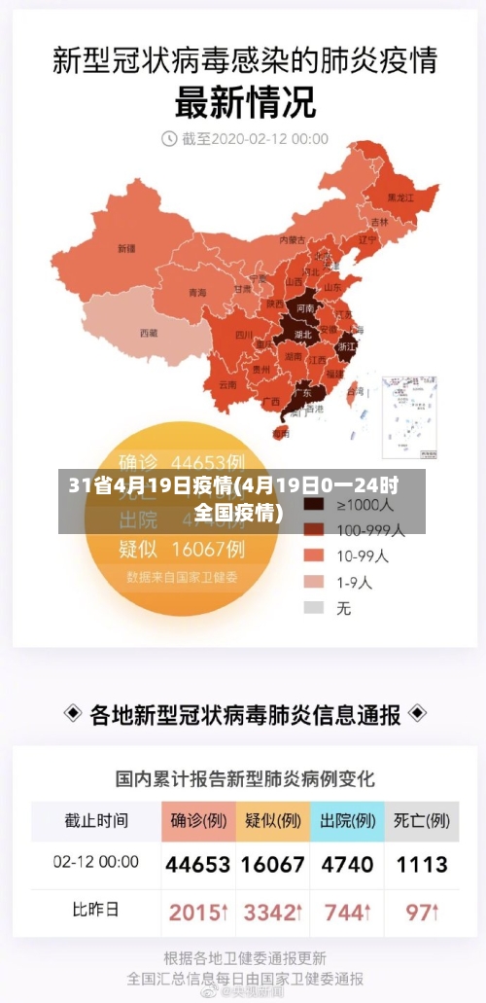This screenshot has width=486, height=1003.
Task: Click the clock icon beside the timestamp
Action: (168, 138)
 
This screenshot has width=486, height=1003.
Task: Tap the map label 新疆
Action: (125, 248)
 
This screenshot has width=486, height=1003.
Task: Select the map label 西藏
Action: (148, 333)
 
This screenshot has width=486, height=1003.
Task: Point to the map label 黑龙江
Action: (400, 197)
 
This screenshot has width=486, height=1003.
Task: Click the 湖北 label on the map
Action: (302, 334)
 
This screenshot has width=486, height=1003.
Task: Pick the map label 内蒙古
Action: (292, 238)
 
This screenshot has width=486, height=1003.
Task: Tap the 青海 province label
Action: (197, 292)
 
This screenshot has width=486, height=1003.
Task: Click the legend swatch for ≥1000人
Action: (313, 505)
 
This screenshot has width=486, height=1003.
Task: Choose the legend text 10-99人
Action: (363, 556)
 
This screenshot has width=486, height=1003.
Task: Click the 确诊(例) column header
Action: (198, 820)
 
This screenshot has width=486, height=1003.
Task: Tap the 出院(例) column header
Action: (347, 820)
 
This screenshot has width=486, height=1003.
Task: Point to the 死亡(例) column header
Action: (422, 820)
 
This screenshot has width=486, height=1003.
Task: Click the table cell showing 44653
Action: (198, 864)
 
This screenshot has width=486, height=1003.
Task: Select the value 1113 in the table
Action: (422, 864)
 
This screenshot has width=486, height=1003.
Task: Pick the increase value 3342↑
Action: (273, 913)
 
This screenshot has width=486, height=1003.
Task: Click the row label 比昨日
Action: (96, 912)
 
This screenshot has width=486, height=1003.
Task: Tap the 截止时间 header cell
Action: (96, 820)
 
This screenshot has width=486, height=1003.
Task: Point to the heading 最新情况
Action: (244, 101)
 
